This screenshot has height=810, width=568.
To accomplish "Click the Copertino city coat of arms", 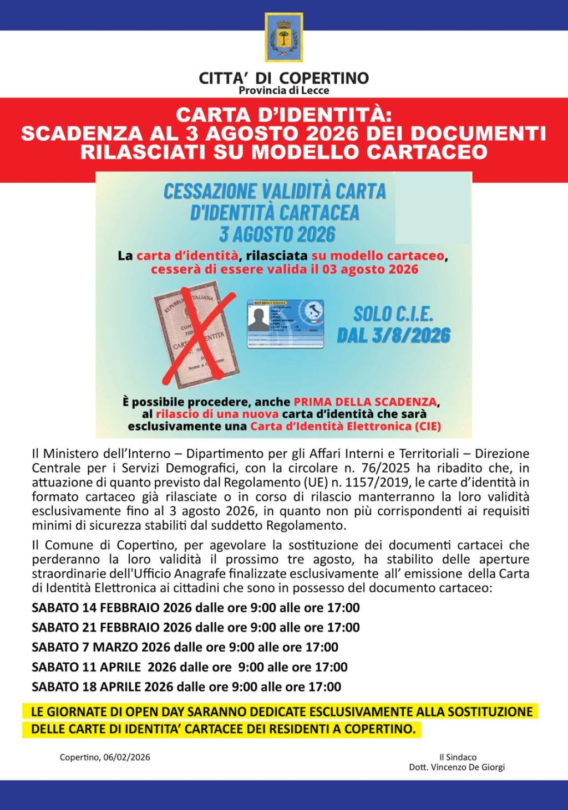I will (x=283, y=37).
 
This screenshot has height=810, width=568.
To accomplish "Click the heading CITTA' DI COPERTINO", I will (x=283, y=78).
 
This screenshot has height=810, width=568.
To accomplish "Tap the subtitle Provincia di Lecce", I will (x=283, y=90).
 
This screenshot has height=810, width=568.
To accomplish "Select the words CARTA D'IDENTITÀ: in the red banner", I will (x=283, y=115).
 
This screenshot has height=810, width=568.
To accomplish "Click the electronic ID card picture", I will (x=285, y=324).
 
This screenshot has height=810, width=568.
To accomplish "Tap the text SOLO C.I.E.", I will (x=393, y=314).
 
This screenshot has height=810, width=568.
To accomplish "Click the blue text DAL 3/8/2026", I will (x=393, y=335).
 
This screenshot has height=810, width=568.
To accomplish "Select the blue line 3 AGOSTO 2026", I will (x=277, y=234).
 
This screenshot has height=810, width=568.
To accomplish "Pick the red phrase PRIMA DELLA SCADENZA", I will (x=365, y=402).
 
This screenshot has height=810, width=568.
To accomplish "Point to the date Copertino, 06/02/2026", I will (x=105, y=757).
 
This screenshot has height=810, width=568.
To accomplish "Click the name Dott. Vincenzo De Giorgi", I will (x=457, y=767).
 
